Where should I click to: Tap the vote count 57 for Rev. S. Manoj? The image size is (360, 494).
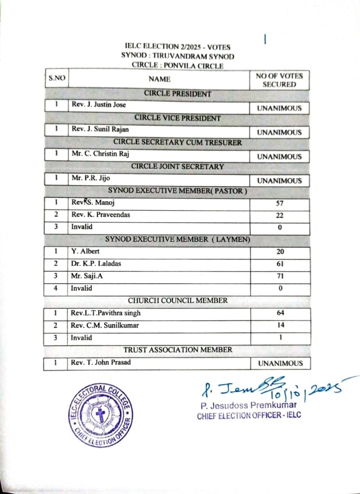tap(280, 204)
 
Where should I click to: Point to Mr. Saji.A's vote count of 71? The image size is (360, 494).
tap(280, 276)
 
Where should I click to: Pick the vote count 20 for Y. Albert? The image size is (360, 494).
tap(280, 251)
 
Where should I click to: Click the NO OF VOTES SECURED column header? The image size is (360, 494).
tap(279, 80)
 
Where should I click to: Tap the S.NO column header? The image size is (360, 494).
tap(56, 78)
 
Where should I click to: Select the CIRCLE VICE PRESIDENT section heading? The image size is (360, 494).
tap(178, 118)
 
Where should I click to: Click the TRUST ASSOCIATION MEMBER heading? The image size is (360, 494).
tap(178, 349)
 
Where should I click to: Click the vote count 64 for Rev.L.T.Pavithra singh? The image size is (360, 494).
tap(280, 313)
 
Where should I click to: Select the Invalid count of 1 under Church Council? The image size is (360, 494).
tap(280, 338)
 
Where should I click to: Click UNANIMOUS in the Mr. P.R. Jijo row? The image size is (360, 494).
tap(279, 181)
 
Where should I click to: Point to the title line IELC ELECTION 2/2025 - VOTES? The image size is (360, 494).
tap(178, 47)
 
